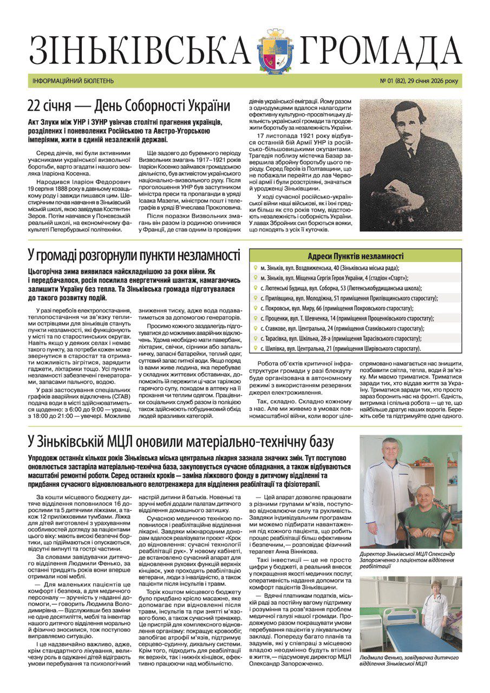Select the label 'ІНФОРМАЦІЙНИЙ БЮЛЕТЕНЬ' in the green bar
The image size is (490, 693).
71,81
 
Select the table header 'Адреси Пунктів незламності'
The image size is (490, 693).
356,256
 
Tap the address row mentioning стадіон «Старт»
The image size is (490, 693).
336,278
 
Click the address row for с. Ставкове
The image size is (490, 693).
339,328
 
